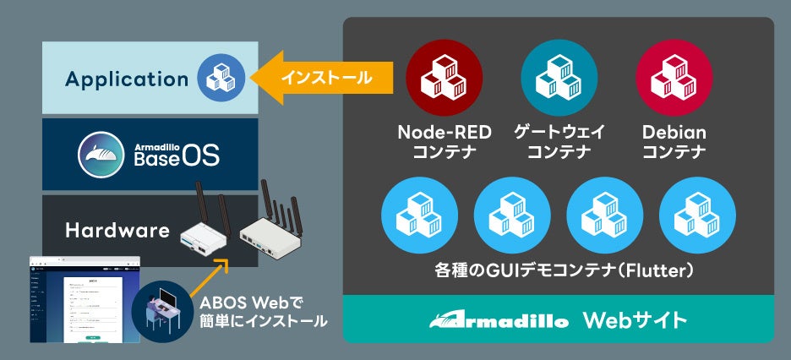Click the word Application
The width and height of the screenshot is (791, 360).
pos(127,79)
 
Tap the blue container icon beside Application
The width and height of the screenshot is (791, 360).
pos(221,78)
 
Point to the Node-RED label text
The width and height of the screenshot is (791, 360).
pos(445,133)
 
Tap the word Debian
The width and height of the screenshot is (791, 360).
pos(674,133)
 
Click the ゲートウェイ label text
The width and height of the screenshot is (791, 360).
pos(559,133)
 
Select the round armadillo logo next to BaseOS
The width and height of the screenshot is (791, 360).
pos(102,154)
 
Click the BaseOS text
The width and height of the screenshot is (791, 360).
pos(176,156)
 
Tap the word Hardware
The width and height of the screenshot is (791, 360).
pos(118,230)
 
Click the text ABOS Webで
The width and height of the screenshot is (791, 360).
pos(251,303)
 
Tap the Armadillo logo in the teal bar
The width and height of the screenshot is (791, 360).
pos(498,320)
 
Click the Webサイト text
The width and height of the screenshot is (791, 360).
pos(634,320)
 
